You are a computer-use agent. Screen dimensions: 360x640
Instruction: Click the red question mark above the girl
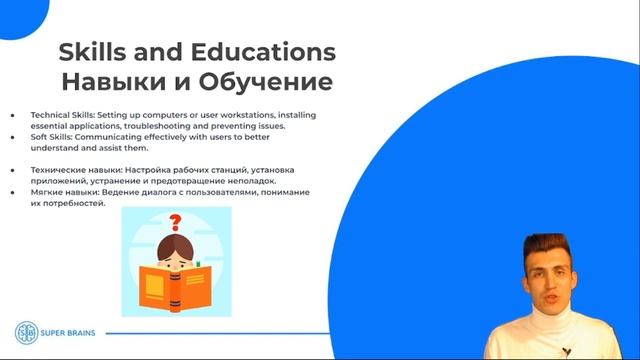coord(176,223)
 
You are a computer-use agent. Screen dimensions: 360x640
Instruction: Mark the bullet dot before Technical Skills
coord(13,114)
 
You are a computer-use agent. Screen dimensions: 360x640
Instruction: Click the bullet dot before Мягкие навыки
coord(13,191)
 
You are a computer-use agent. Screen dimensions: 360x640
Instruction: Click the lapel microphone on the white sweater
coord(566,350)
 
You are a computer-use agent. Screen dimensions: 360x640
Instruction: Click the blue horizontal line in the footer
coord(300,333)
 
